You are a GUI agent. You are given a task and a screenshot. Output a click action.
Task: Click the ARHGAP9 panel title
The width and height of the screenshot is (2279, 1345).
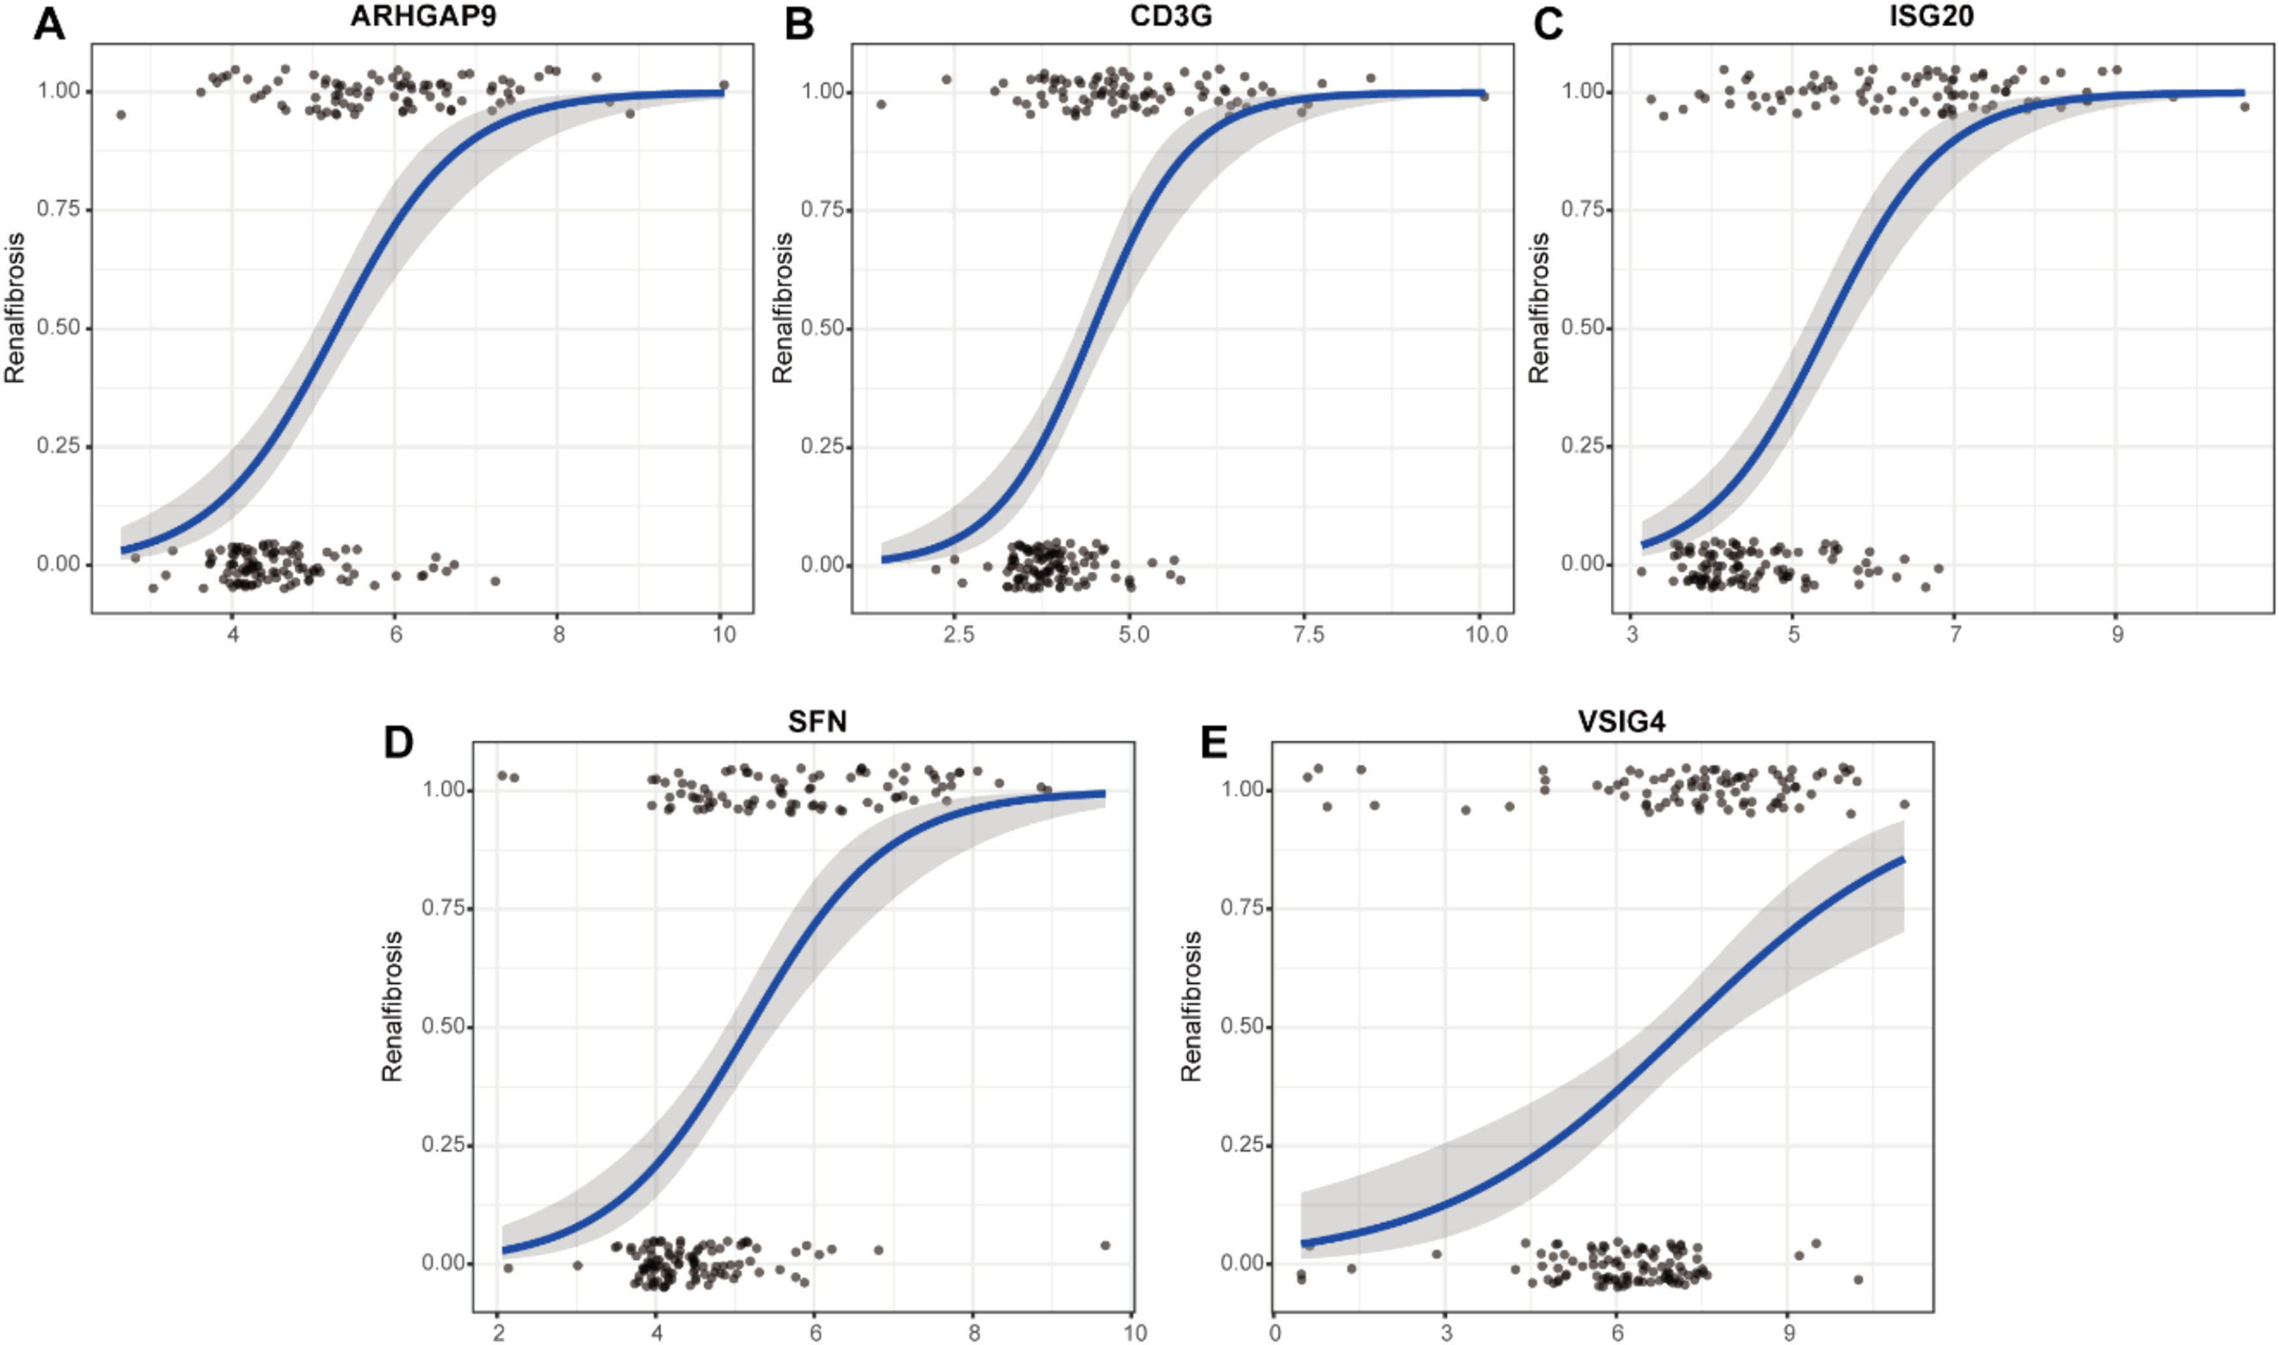422,17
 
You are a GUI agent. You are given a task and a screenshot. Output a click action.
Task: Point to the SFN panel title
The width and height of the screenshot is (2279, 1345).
817,721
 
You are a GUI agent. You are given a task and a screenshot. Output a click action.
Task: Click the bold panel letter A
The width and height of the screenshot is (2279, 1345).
49,25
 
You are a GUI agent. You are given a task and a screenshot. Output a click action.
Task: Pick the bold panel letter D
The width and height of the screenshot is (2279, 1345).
399,742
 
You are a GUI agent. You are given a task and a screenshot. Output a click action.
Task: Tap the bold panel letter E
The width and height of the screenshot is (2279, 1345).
1213,742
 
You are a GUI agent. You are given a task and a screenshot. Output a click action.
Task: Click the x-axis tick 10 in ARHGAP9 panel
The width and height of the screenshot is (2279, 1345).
722,635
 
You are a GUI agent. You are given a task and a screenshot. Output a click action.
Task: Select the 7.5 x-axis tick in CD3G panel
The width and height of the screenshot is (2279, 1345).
1308,635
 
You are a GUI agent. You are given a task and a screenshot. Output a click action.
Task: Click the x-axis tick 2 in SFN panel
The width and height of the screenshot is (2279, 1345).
497,1333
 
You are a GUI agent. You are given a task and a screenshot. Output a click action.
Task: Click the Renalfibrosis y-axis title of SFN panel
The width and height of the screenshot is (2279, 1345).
392,1006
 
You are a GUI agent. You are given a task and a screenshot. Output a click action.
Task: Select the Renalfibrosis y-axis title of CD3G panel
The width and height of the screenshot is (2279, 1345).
782,308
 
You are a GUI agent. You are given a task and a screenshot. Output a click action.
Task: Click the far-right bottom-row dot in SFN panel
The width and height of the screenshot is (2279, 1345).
1105,1245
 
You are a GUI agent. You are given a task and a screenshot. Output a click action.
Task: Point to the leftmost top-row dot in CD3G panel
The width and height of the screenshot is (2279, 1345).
881,104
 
